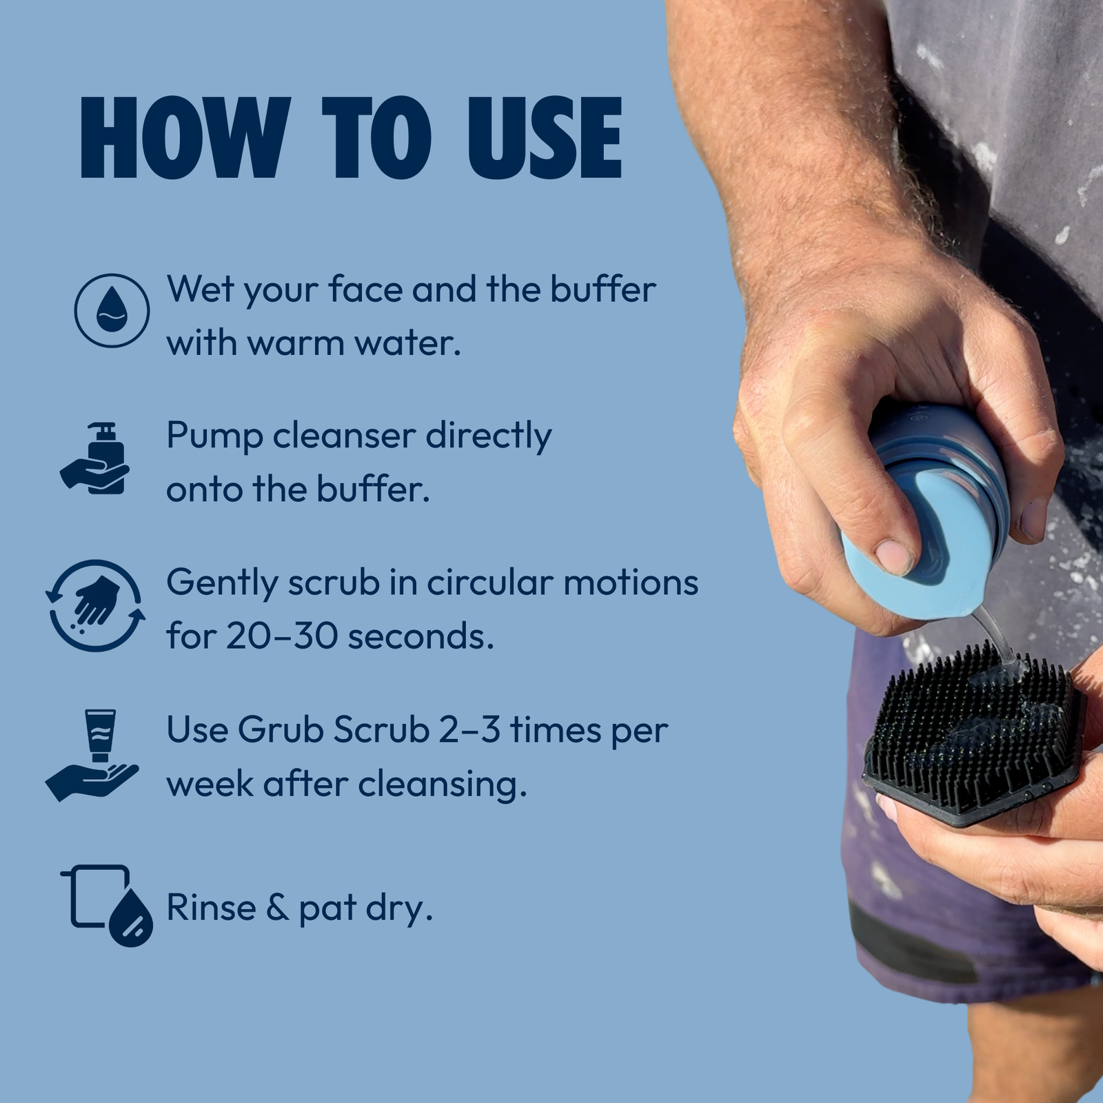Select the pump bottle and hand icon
94,458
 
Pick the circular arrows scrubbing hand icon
95,605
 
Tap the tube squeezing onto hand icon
92,755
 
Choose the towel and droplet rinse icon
107,905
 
